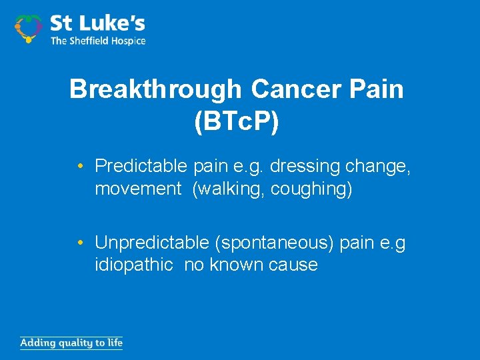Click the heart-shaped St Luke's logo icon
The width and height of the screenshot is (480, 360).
click(29, 28)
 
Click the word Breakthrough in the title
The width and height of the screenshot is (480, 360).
click(155, 89)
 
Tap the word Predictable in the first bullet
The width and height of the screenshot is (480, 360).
click(141, 165)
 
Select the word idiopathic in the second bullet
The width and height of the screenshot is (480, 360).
click(134, 265)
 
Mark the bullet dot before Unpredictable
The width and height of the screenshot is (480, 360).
click(80, 242)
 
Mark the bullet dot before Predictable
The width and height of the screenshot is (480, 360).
click(80, 165)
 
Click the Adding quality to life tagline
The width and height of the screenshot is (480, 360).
click(71, 343)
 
